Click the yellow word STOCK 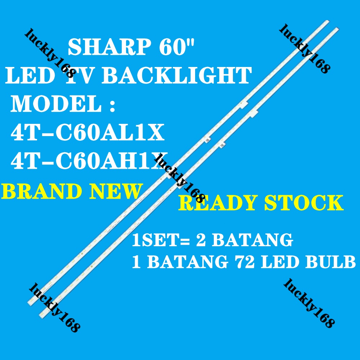[x=304, y=203]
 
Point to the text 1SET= [x=156, y=240]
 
